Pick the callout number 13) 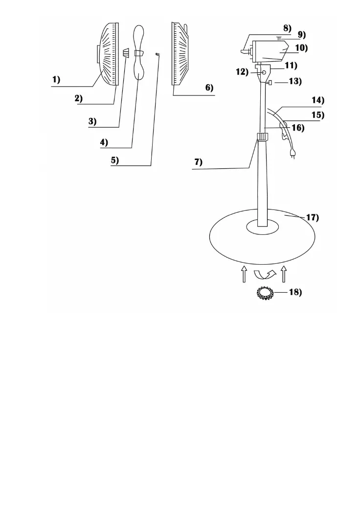coord(294,82)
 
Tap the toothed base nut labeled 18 coord(265,294)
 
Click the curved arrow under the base coord(266,274)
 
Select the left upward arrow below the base coord(244,274)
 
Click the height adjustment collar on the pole coord(263,140)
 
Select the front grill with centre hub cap coord(108,54)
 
